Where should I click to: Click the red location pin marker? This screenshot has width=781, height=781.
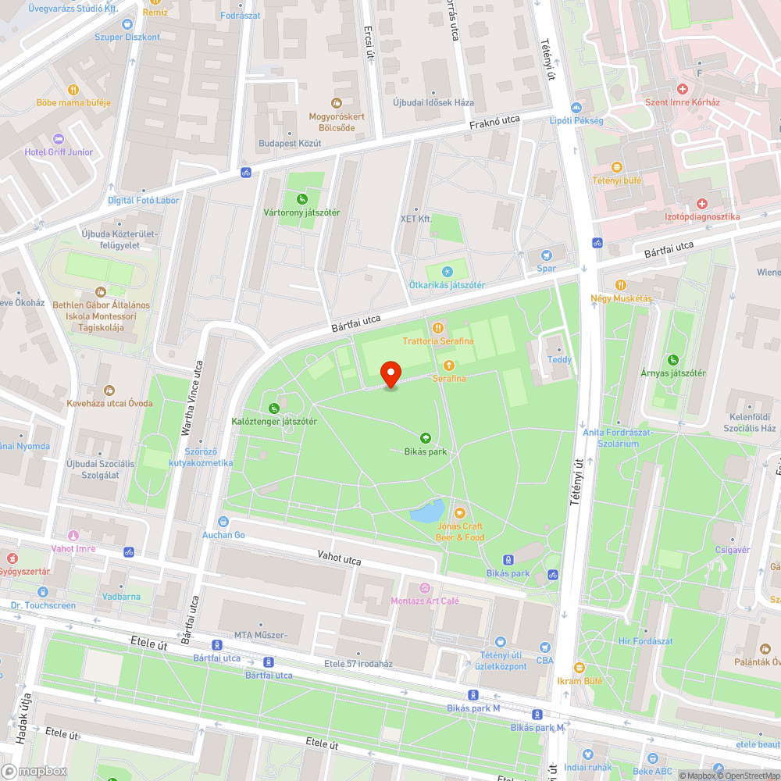point(390,373)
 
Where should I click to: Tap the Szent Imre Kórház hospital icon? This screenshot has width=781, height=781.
point(682,90)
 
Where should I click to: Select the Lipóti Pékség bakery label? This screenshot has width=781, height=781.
point(576,120)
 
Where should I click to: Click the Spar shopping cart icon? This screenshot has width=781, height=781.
point(547,255)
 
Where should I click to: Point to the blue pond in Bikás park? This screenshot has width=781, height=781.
point(426,512)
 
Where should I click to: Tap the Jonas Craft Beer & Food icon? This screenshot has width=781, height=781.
point(459,512)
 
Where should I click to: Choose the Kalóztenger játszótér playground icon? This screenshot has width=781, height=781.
point(273,408)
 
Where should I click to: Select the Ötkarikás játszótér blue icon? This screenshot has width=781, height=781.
point(447,271)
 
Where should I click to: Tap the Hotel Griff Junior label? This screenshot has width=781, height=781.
point(59,152)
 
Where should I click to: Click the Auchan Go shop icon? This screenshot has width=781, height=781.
point(224,521)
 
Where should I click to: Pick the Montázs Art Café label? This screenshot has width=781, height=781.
point(425,601)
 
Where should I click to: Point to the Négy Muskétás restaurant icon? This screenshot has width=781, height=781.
point(621,285)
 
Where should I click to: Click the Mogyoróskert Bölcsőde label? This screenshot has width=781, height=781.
point(337,122)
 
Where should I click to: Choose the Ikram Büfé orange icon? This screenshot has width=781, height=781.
point(579,668)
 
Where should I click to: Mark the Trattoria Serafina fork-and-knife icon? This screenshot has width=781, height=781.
point(437,328)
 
